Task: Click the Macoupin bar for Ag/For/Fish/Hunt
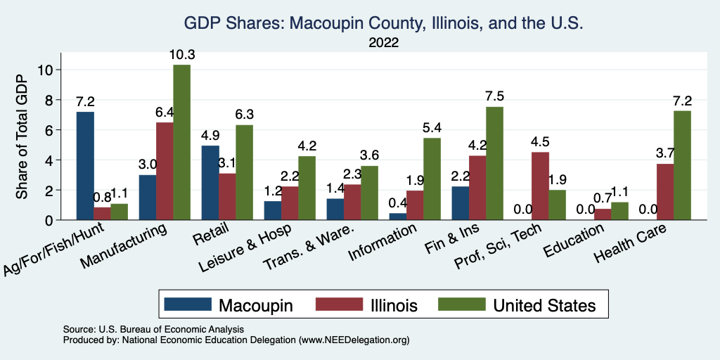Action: point(85,166)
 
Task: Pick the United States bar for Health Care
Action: point(682,166)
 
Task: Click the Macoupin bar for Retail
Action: point(210,183)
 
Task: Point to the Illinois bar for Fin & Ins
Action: point(477,188)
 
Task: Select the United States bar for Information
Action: point(432,179)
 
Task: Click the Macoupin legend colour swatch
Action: point(188,305)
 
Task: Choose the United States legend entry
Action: point(544,305)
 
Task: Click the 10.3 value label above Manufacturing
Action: point(181,53)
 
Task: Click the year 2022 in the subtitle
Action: point(384,43)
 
